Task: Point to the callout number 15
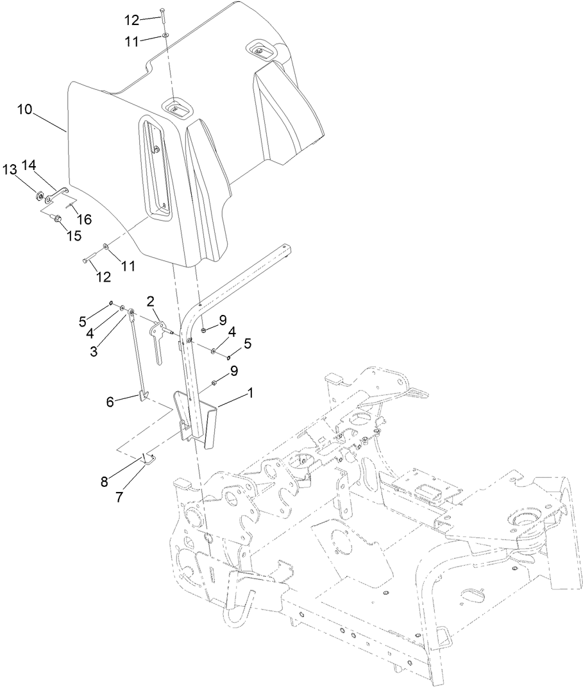click(74, 235)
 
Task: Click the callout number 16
click(84, 219)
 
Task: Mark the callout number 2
click(150, 301)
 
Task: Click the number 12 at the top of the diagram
click(131, 21)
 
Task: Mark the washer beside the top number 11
click(165, 36)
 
